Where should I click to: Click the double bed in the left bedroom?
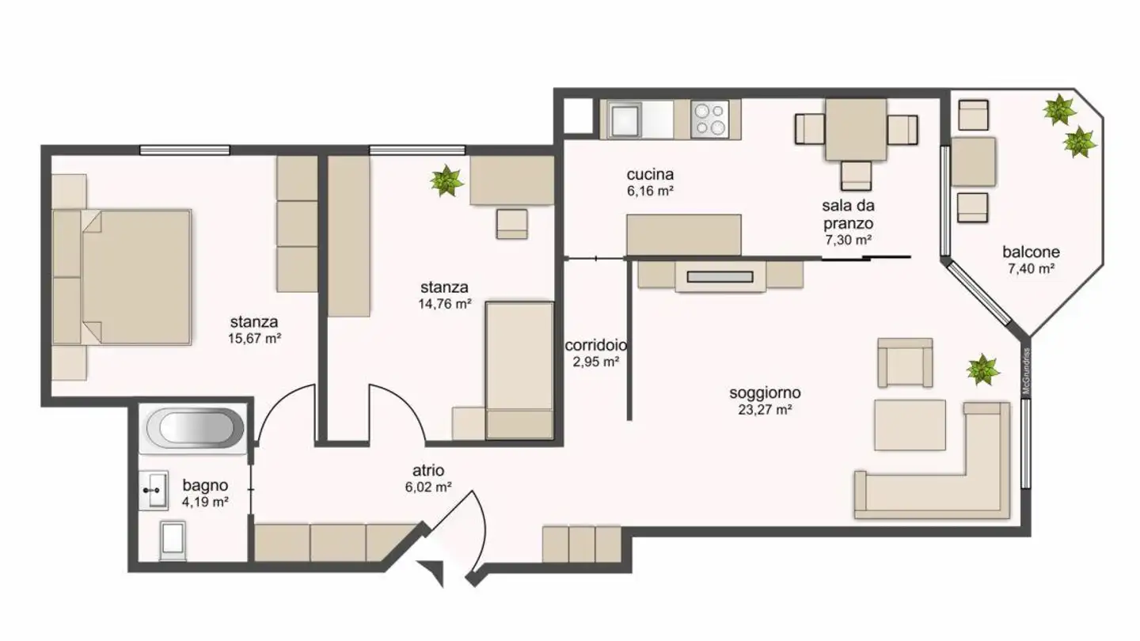click(135, 276)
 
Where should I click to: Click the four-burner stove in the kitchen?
click(709, 119)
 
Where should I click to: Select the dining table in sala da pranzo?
click(856, 129)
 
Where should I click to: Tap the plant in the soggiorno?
click(982, 370)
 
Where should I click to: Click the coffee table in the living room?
click(910, 425)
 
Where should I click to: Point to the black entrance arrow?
click(432, 572)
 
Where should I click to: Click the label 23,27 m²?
click(764, 410)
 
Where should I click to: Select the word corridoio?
click(596, 346)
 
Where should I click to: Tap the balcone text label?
click(1031, 252)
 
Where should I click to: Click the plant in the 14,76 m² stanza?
click(446, 180)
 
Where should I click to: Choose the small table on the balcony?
click(973, 161)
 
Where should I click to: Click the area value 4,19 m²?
click(206, 502)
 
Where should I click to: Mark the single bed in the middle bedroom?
click(519, 369)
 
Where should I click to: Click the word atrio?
click(428, 471)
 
